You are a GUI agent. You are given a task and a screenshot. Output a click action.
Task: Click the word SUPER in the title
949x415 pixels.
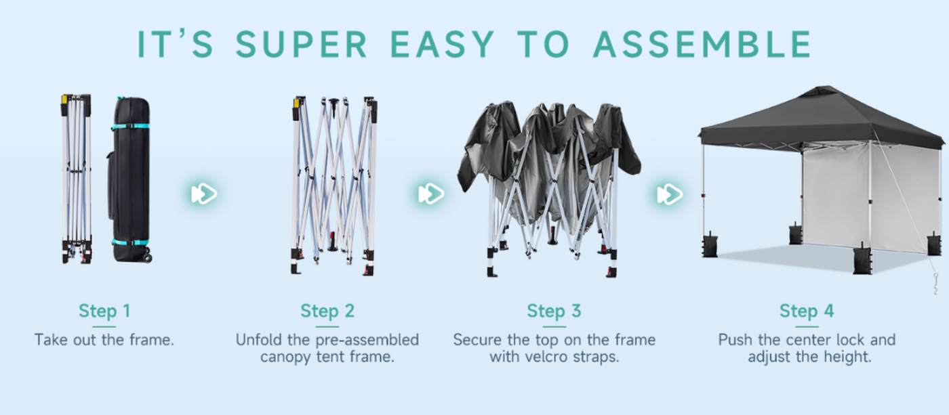(x=301, y=44)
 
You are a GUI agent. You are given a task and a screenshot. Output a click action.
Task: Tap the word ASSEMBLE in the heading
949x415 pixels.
(x=702, y=44)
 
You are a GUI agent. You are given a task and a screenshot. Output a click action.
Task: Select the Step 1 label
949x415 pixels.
(x=104, y=311)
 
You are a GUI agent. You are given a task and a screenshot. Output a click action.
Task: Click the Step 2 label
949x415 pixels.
(x=327, y=311)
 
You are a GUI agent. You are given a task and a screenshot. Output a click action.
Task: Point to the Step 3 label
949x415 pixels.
(x=554, y=311)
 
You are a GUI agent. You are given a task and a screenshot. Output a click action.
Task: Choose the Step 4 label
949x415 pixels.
(x=807, y=311)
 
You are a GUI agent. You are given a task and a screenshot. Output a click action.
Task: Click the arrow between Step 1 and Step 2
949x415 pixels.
(x=204, y=194)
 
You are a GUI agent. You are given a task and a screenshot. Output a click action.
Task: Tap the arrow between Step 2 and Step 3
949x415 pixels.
(x=431, y=194)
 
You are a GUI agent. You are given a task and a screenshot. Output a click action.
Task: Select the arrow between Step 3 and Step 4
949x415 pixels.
(x=670, y=194)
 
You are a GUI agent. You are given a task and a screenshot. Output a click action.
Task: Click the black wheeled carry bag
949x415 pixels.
(x=130, y=180)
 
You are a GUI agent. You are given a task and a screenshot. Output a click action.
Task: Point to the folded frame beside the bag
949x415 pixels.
(x=76, y=179)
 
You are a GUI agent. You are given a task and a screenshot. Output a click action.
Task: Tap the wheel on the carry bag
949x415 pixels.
(x=148, y=257)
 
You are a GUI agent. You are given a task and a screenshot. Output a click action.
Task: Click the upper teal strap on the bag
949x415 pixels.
(x=130, y=126)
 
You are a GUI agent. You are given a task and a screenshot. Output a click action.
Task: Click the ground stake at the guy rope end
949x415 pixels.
(x=935, y=284)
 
